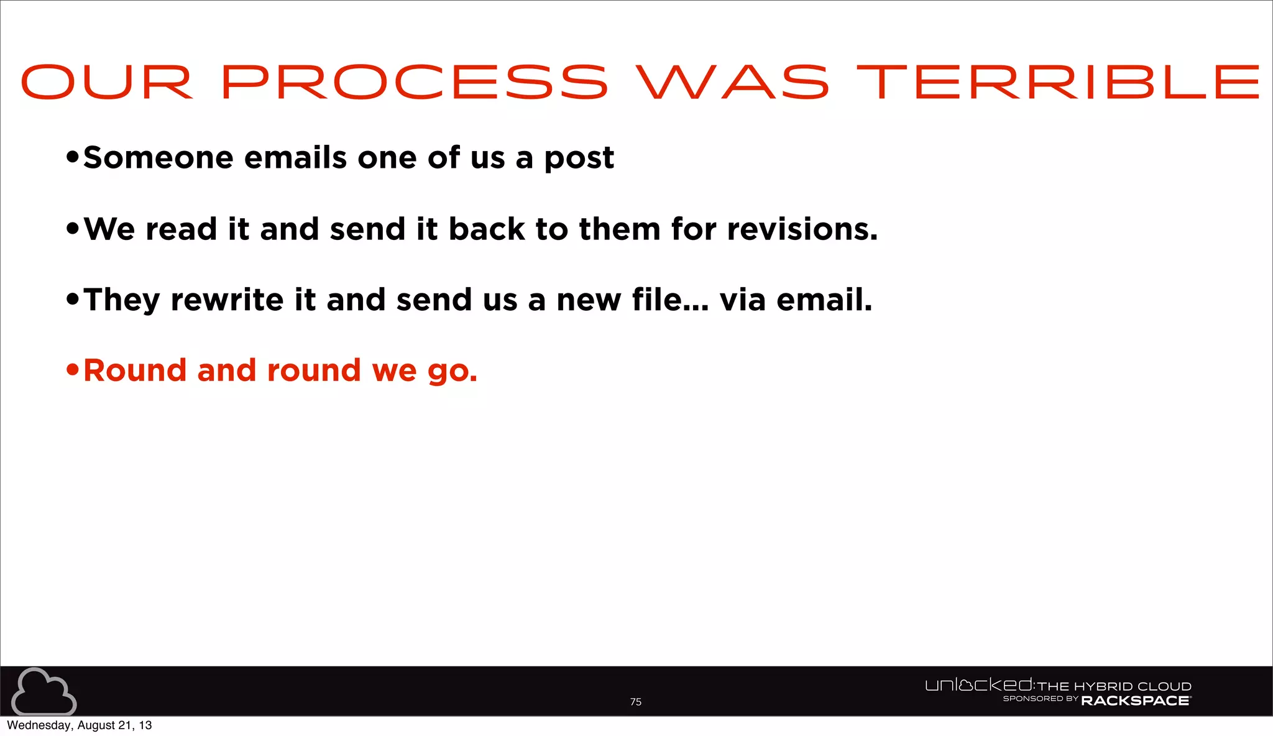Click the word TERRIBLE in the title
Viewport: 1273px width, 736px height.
pyautogui.click(x=1058, y=82)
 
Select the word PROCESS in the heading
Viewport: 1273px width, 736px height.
pyautogui.click(x=415, y=82)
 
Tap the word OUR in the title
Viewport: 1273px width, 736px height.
pyautogui.click(x=107, y=82)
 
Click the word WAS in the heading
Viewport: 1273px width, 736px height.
pyautogui.click(x=732, y=82)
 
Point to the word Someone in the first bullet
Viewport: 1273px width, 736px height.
pyautogui.click(x=158, y=158)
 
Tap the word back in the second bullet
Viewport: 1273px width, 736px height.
pyautogui.click(x=487, y=229)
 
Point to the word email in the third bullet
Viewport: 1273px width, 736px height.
pyautogui.click(x=824, y=300)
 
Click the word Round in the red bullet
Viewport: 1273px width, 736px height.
pyautogui.click(x=135, y=371)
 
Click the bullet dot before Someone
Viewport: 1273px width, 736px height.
pyautogui.click(x=73, y=158)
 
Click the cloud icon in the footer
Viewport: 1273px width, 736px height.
pyautogui.click(x=44, y=691)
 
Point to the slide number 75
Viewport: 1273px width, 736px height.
pyautogui.click(x=635, y=702)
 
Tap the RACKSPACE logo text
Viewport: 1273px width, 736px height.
pyautogui.click(x=1136, y=701)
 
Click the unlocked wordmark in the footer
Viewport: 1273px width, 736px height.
pyautogui.click(x=979, y=686)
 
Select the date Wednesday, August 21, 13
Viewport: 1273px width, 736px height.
pyautogui.click(x=80, y=725)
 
